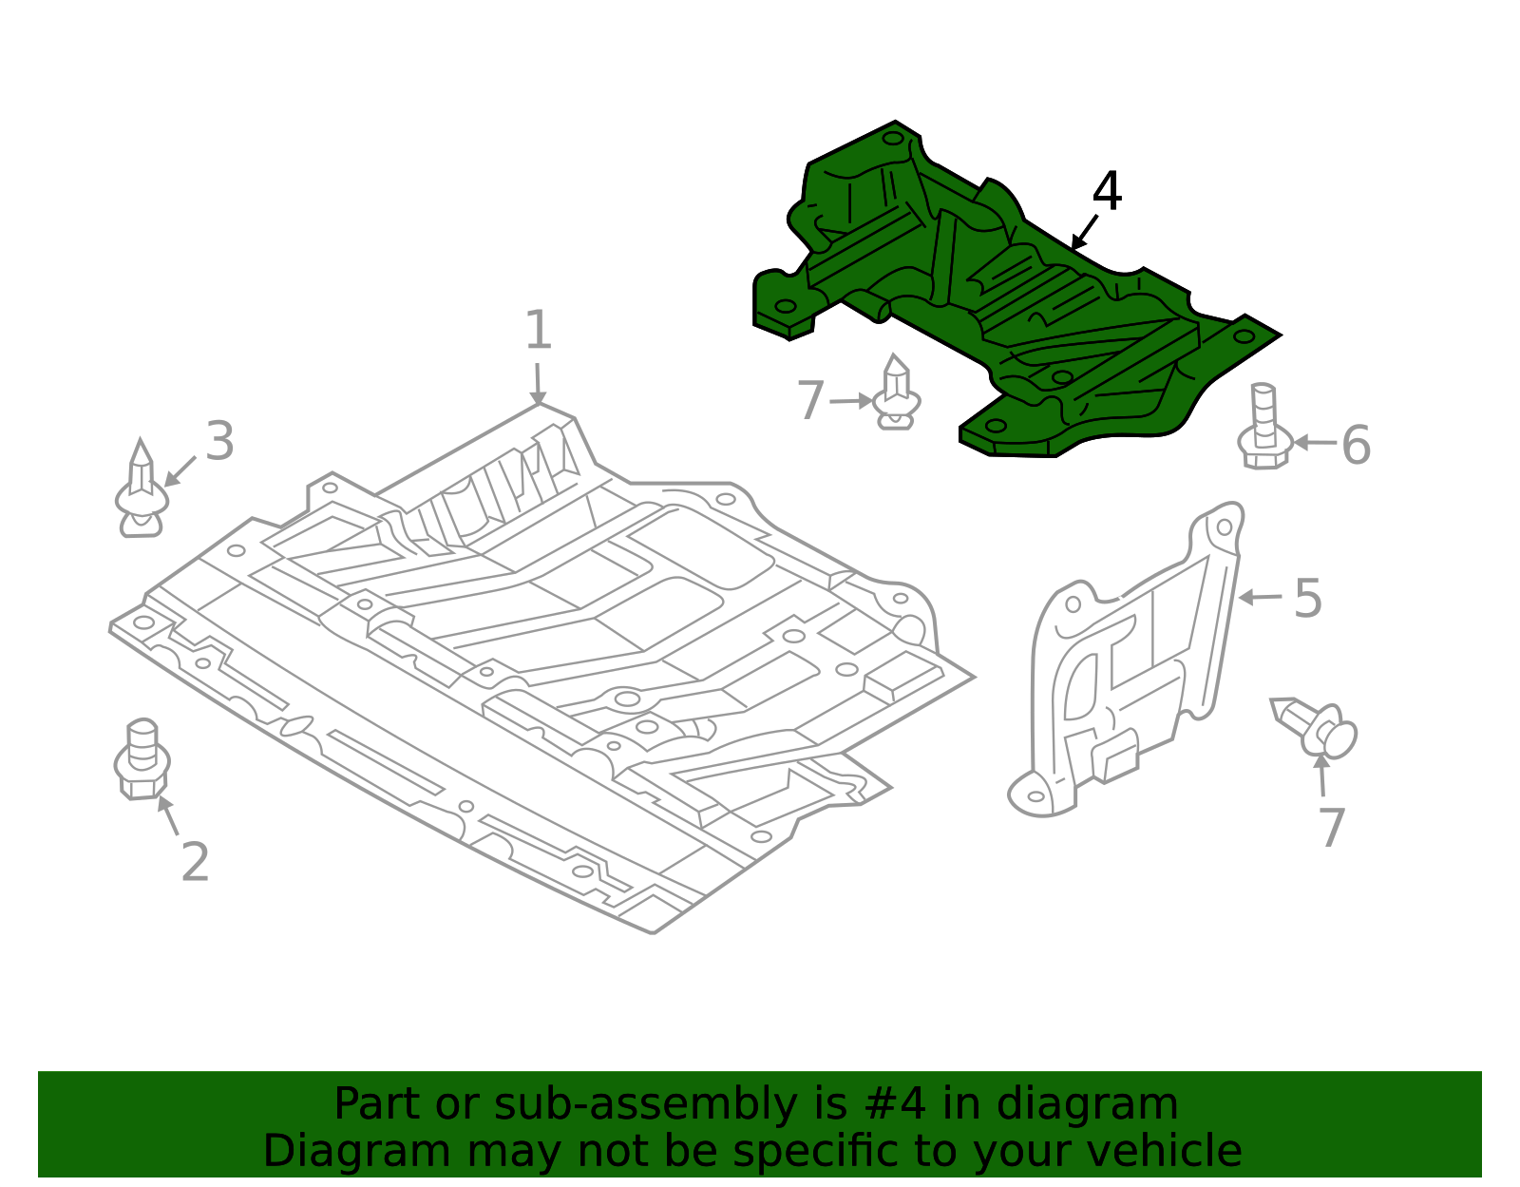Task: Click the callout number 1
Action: (x=538, y=330)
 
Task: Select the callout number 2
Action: (x=195, y=862)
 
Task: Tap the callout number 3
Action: (x=219, y=441)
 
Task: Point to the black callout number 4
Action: (x=1108, y=191)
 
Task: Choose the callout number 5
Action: (x=1308, y=599)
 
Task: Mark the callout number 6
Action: (x=1357, y=445)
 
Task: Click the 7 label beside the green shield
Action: (x=810, y=400)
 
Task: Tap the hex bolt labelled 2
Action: (x=142, y=759)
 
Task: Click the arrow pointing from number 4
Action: (x=1084, y=233)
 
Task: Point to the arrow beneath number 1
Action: (x=537, y=384)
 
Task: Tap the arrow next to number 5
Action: (x=1260, y=598)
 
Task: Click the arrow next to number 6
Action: (x=1315, y=443)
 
